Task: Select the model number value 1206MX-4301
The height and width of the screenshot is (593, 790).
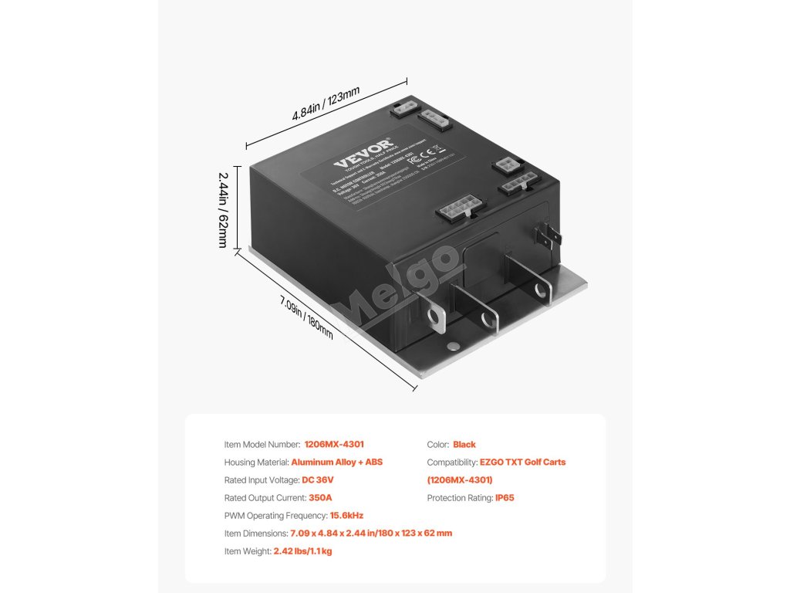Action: tap(334, 445)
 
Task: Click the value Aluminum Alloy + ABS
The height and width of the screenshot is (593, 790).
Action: tap(337, 463)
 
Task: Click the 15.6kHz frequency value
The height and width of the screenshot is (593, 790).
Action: tap(346, 516)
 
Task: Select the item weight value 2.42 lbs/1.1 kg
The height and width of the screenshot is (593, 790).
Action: tap(302, 551)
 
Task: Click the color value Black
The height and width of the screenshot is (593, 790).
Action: tap(464, 445)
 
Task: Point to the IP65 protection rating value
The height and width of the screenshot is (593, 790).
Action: tap(505, 498)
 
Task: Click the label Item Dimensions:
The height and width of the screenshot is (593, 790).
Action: tap(256, 534)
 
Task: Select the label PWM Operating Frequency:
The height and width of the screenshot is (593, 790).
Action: tap(276, 516)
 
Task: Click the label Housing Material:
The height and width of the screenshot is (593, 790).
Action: tap(257, 463)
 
